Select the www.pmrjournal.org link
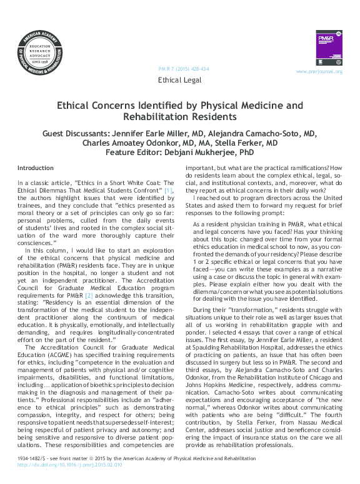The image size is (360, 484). click(319, 72)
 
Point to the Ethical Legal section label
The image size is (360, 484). click(180, 81)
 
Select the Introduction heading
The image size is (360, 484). click(36, 168)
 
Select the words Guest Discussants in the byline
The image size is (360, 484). click(79, 134)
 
